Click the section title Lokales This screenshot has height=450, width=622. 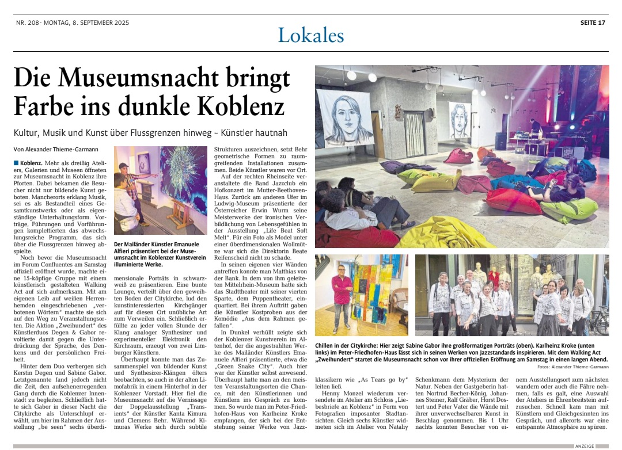coord(310,36)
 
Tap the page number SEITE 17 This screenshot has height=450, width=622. coord(593,23)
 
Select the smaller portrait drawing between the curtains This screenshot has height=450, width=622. coord(460,120)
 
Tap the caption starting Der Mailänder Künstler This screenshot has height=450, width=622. coord(158,244)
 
